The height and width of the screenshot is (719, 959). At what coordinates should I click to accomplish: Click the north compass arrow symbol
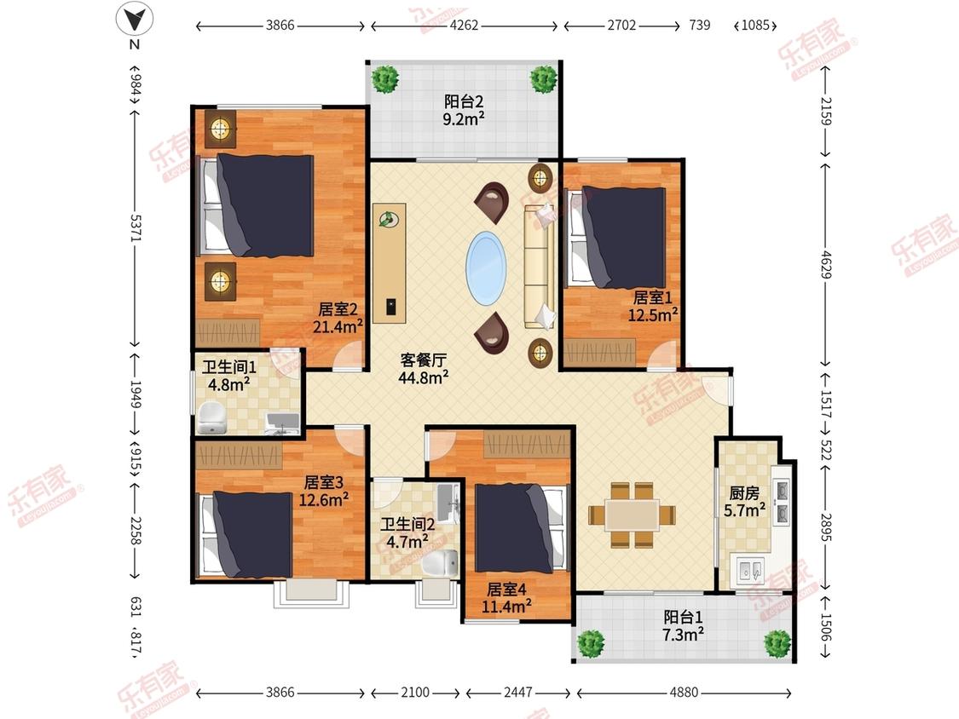(x=135, y=19)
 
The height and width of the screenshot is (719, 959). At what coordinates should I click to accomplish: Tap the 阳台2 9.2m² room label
(x=464, y=110)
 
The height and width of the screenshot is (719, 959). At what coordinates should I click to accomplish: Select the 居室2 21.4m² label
(x=338, y=318)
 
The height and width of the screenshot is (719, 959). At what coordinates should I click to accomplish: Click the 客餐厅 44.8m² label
(x=423, y=369)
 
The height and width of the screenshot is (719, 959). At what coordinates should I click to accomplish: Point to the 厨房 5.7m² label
(x=744, y=502)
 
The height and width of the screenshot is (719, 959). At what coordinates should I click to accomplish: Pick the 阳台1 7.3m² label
(x=683, y=625)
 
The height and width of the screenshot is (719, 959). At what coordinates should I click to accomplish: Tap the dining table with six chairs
(x=633, y=515)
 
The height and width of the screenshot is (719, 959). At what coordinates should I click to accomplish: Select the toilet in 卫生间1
(x=211, y=417)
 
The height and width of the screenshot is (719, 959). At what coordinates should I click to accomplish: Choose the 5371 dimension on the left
(x=136, y=227)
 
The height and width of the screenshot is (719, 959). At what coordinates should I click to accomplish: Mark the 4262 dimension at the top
(x=464, y=26)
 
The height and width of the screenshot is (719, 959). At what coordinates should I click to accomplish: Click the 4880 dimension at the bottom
(x=683, y=693)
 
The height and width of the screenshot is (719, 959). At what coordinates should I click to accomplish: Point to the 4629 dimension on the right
(x=826, y=264)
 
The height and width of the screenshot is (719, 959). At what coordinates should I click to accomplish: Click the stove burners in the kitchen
(x=782, y=502)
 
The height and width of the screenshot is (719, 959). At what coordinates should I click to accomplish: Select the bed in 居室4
(x=521, y=528)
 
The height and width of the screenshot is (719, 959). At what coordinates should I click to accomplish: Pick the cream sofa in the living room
(x=540, y=267)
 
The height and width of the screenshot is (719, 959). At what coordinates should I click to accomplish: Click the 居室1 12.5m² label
(x=653, y=307)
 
